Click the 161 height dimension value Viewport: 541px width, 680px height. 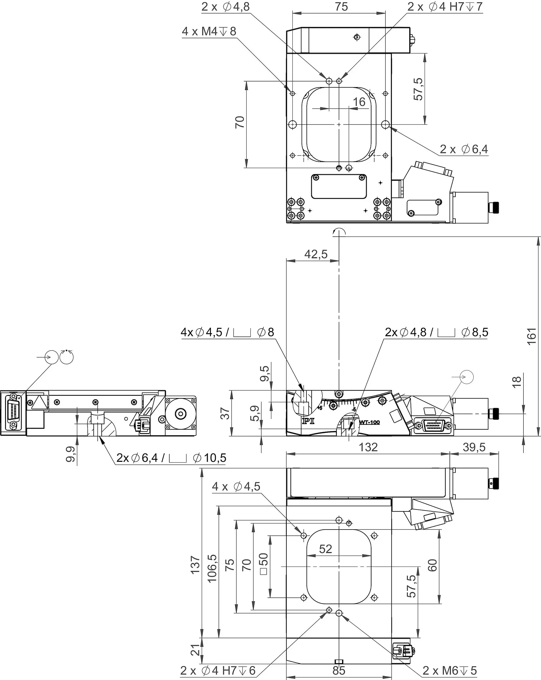click(532, 336)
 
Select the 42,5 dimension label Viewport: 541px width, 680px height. click(316, 254)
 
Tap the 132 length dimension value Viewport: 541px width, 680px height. click(368, 447)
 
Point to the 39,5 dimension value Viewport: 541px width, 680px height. click(474, 447)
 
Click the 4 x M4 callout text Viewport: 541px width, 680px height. click(209, 32)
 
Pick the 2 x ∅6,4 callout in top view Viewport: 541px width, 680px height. click(464, 149)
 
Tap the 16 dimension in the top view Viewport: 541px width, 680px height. click(359, 102)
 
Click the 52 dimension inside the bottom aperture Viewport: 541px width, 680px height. click(325, 549)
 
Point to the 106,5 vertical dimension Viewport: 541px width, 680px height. click(212, 568)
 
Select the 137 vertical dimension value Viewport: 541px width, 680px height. click(195, 565)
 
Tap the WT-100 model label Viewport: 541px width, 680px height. click(369, 422)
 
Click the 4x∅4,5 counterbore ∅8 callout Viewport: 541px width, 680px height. click(227, 332)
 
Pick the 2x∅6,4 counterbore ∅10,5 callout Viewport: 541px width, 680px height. click(171, 458)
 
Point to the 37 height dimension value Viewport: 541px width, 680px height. click(225, 413)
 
